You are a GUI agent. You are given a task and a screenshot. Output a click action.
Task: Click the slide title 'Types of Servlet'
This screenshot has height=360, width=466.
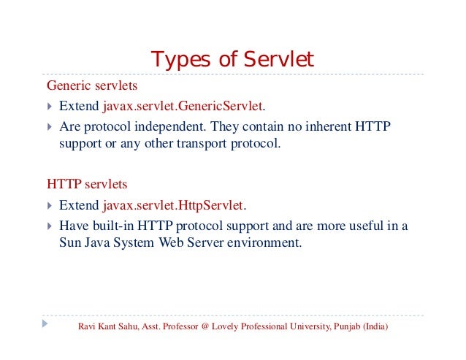click(x=232, y=58)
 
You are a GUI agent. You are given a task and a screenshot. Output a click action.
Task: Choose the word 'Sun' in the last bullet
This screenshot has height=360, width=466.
click(x=70, y=243)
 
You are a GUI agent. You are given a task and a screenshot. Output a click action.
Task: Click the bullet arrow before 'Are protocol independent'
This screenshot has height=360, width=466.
click(x=47, y=126)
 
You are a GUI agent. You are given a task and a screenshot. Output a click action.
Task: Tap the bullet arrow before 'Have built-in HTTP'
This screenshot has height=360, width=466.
click(x=47, y=226)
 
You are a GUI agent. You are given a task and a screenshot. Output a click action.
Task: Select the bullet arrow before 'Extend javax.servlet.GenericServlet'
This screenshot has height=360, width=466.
click(x=47, y=107)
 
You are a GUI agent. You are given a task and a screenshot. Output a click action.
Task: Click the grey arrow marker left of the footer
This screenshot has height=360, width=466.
click(x=45, y=322)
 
